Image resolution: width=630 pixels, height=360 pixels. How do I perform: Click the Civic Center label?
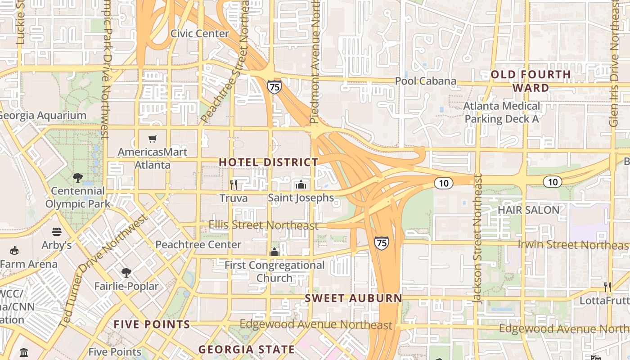point(200,34)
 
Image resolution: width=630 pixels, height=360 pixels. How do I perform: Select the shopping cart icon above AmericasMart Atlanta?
point(153,139)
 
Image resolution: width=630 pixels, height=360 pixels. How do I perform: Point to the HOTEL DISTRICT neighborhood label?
point(269,162)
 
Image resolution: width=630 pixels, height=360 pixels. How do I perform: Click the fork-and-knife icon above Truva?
point(234,184)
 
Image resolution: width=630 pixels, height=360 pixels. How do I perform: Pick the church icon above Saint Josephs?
point(301,184)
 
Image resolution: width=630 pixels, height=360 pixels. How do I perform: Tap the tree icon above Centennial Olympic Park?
point(78,177)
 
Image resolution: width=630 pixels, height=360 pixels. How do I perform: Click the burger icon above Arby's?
point(57,232)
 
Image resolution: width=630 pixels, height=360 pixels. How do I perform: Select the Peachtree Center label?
point(198,244)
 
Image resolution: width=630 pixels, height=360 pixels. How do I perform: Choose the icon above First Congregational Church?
point(274,252)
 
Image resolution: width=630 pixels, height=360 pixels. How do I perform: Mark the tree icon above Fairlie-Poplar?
point(126,273)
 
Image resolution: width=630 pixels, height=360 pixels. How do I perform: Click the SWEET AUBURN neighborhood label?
point(353,298)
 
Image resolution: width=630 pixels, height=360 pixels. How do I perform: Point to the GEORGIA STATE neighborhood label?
point(247,349)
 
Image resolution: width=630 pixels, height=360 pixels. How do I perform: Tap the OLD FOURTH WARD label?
point(531,81)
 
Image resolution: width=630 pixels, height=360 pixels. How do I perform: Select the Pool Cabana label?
point(426,81)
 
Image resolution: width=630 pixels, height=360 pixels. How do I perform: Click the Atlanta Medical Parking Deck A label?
point(502,112)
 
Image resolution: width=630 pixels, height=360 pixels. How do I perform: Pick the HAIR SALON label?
point(528,210)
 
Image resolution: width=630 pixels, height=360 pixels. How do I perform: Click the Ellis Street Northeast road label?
point(264,225)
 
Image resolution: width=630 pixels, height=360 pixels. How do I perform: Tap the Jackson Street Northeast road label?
point(478,238)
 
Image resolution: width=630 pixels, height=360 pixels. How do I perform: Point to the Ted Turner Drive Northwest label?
point(104,270)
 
